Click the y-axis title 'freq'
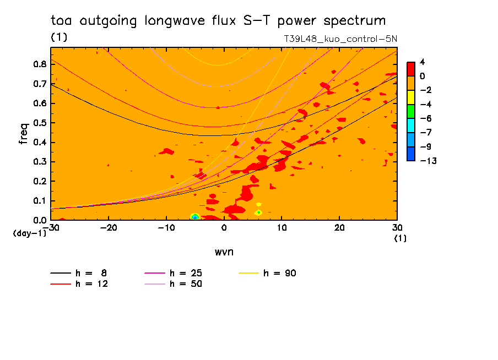tap(24, 133)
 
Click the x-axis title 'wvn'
tap(224, 252)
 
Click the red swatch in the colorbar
tap(411, 69)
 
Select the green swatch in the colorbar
tap(411, 111)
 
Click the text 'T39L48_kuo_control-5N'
tap(340, 39)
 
